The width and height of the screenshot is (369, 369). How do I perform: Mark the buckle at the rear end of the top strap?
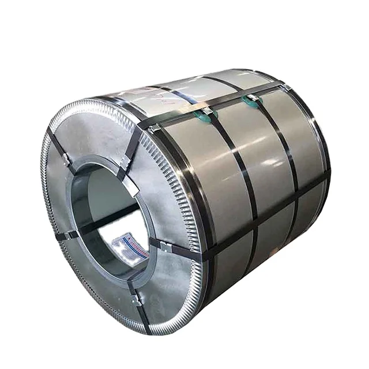pyautogui.click(x=284, y=87)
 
